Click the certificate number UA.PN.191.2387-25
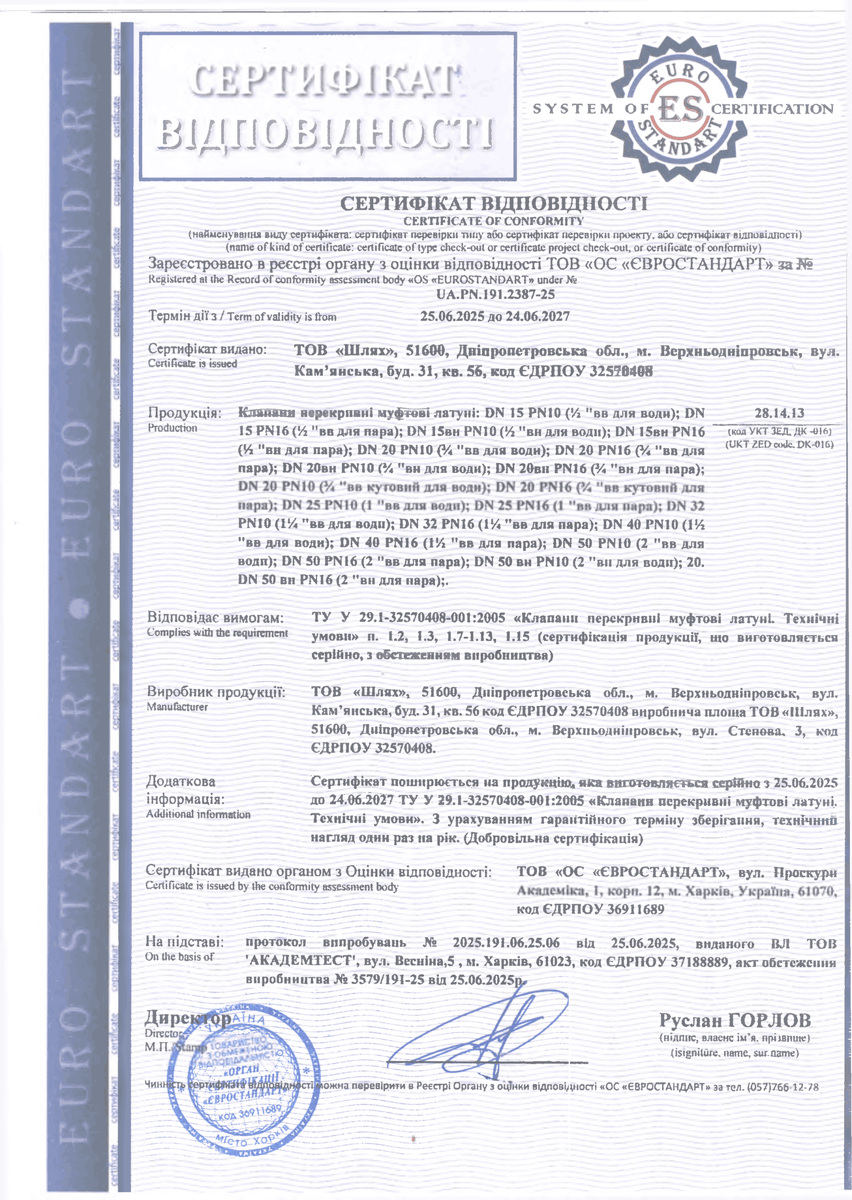[495, 294]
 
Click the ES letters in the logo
[681, 108]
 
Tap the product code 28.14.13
[779, 412]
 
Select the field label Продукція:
[185, 413]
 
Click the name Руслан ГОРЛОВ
[735, 1020]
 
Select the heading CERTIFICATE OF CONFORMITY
[493, 221]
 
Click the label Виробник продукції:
[216, 692]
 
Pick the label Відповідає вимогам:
[216, 617]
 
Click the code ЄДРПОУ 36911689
[590, 909]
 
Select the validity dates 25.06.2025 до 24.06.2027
[495, 316]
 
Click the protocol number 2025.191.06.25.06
[506, 943]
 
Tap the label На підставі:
[185, 942]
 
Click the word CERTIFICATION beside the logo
[772, 109]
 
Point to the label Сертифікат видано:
[207, 350]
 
